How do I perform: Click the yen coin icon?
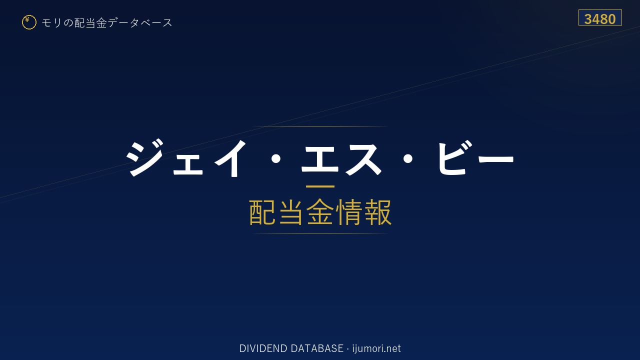pyautogui.click(x=29, y=22)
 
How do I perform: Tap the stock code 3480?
pyautogui.click(x=599, y=19)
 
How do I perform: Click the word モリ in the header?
pyautogui.click(x=51, y=22)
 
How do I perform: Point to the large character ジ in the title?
pyautogui.click(x=144, y=157)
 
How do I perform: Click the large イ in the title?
pyautogui.click(x=230, y=158)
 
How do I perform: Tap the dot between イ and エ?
pyautogui.click(x=275, y=159)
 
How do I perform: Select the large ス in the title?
pyautogui.click(x=363, y=159)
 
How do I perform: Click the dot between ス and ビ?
pyautogui.click(x=407, y=159)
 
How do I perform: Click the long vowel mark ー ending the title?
pyautogui.click(x=495, y=159)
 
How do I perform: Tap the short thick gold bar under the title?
pyautogui.click(x=320, y=186)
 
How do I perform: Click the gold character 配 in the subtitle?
pyautogui.click(x=262, y=212)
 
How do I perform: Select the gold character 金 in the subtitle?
pyautogui.click(x=320, y=212)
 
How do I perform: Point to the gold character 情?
pyautogui.click(x=348, y=212)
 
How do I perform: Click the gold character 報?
pyautogui.click(x=377, y=212)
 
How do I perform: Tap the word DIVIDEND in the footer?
pyautogui.click(x=263, y=348)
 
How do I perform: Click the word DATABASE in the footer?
pyautogui.click(x=317, y=348)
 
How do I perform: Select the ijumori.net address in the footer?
pyautogui.click(x=376, y=348)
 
